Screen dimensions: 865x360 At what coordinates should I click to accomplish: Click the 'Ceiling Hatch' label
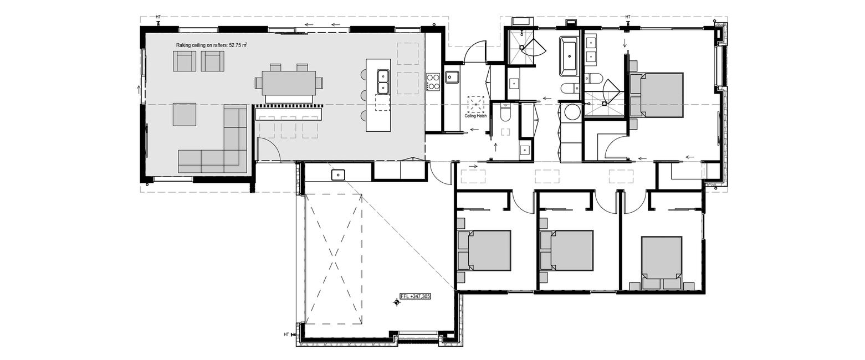475,116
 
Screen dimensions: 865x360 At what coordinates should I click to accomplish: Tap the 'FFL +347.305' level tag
414,296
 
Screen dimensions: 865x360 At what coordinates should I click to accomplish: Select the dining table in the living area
289,83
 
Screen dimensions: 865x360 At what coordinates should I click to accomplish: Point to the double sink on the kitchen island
383,82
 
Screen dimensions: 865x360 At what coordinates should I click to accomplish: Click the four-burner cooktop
433,82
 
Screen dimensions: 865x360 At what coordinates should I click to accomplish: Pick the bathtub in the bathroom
569,56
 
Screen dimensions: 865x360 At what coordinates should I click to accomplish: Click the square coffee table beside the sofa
184,114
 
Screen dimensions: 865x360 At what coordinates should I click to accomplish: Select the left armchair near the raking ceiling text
184,61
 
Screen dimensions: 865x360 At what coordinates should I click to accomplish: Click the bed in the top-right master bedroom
657,95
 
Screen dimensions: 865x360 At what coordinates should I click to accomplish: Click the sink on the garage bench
338,174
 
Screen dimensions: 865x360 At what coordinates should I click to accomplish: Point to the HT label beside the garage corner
286,335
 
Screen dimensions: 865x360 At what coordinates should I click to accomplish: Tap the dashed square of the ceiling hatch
475,104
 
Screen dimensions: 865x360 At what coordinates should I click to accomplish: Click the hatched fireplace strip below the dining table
289,105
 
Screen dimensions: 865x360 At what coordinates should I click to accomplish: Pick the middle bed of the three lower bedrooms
567,250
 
